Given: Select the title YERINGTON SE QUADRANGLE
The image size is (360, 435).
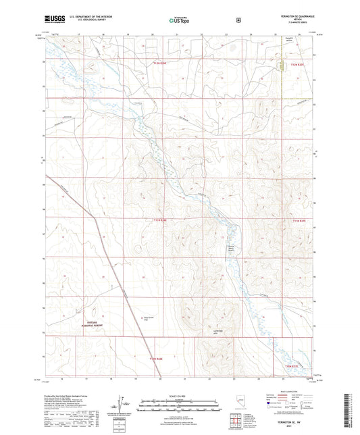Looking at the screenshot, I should coord(292,17).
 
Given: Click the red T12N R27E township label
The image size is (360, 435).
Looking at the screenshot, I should coord(298,63).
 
